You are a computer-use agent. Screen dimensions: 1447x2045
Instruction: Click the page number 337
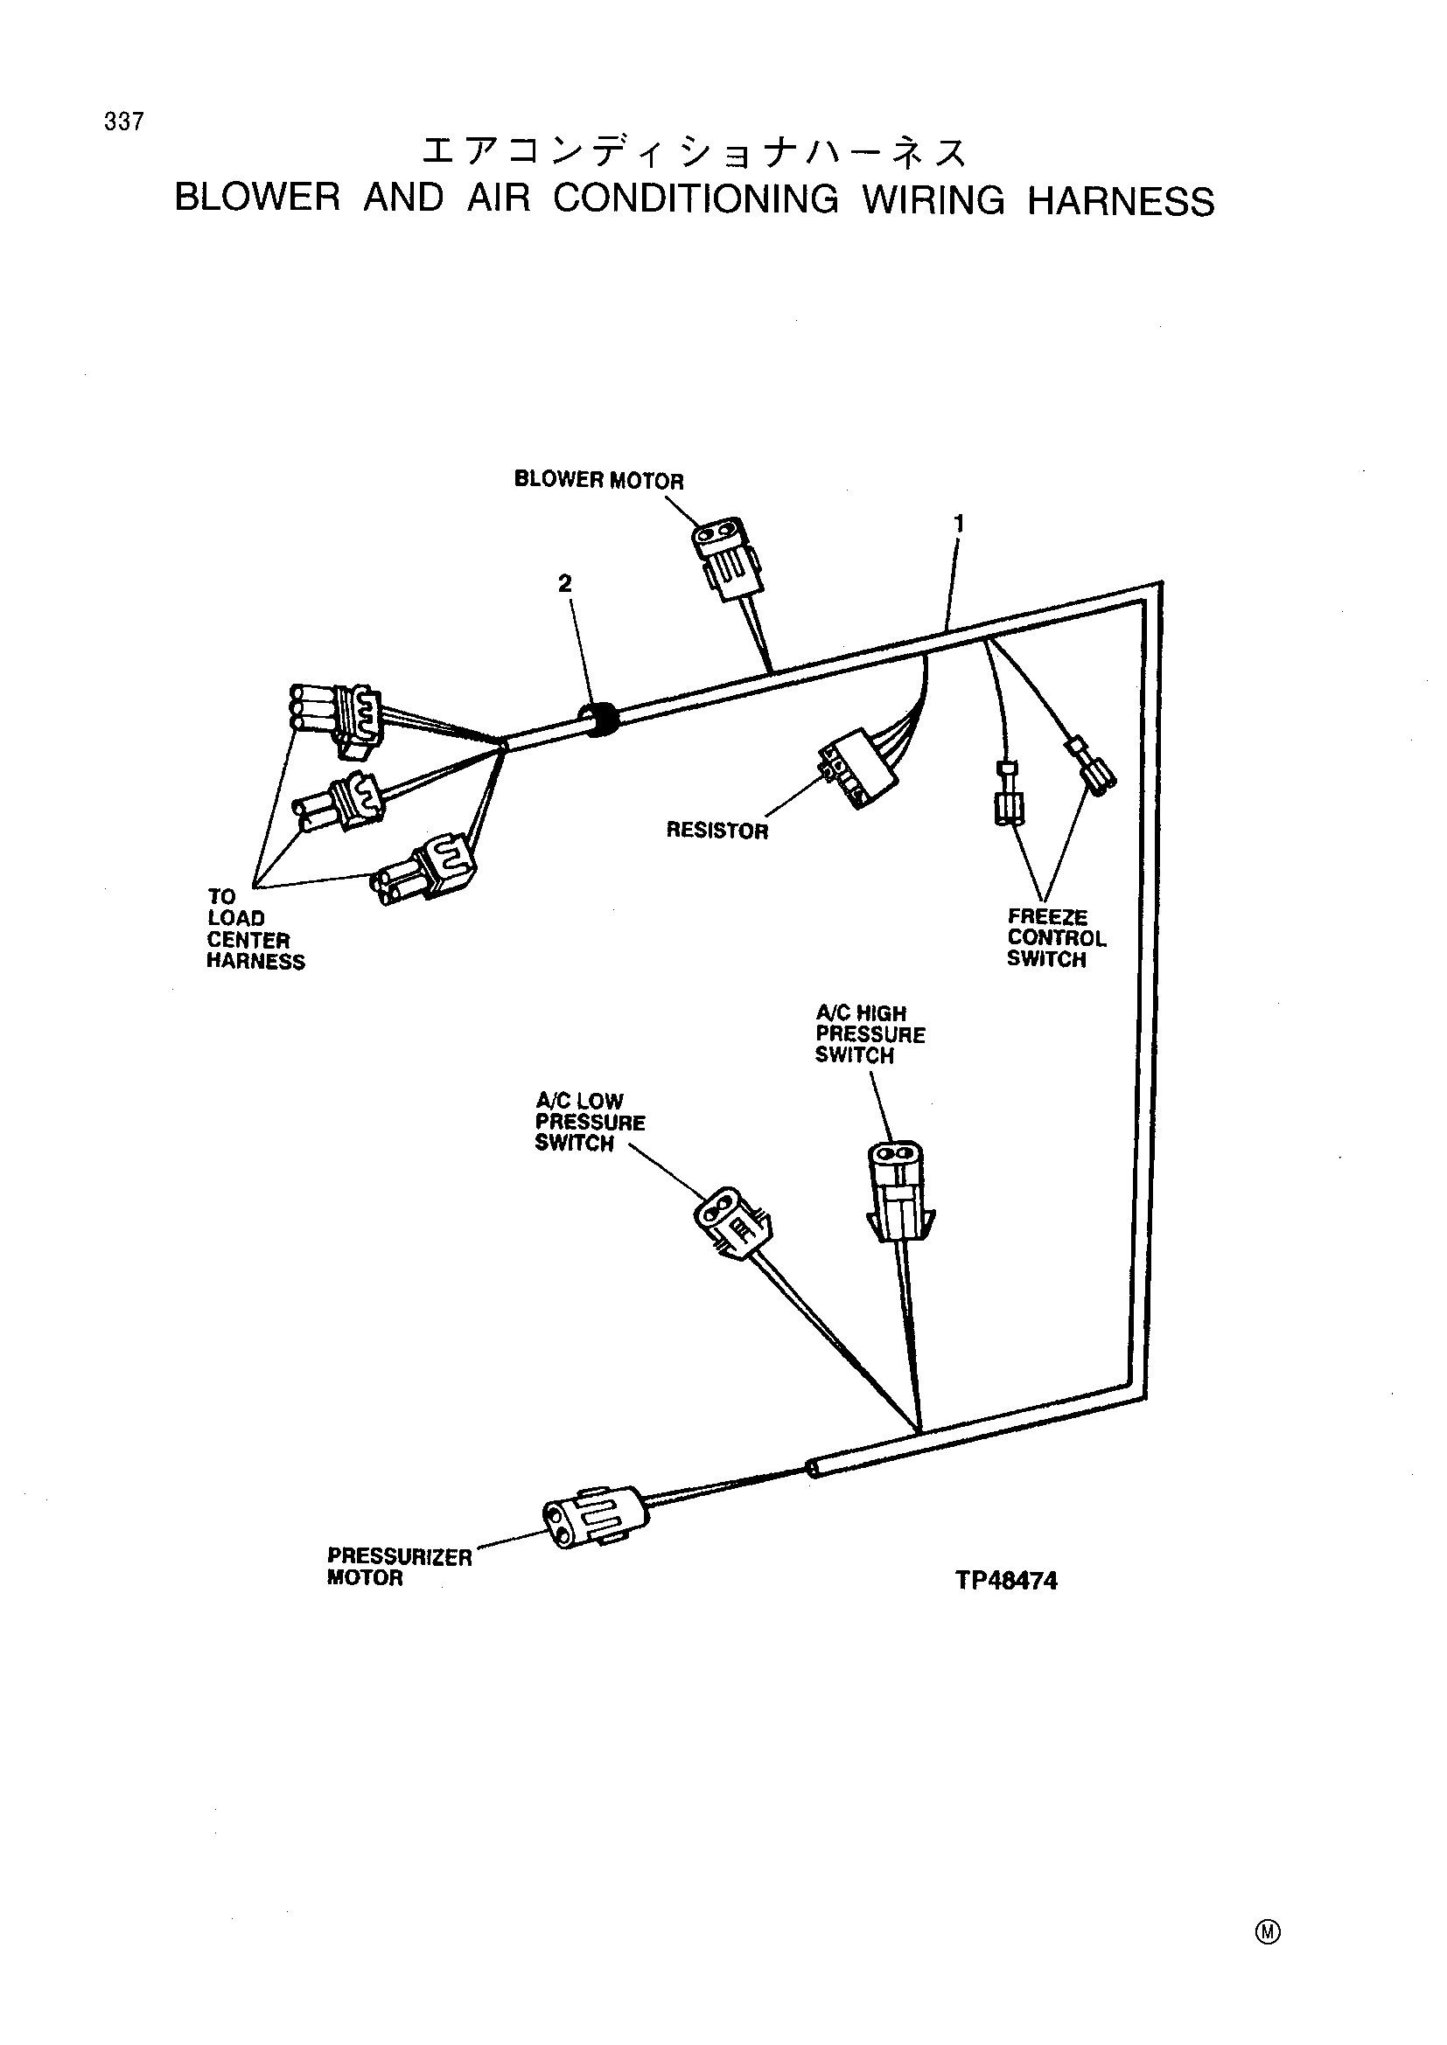click(x=124, y=122)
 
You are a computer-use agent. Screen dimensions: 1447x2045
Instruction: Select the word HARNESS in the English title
click(x=1121, y=201)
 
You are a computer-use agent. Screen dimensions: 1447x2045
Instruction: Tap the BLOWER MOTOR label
click(x=598, y=480)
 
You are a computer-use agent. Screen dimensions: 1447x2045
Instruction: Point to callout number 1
click(x=959, y=524)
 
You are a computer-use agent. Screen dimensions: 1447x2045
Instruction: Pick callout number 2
click(x=565, y=583)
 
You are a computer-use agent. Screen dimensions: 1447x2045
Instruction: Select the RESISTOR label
click(x=717, y=831)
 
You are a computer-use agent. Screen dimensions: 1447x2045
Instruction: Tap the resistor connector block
click(x=856, y=769)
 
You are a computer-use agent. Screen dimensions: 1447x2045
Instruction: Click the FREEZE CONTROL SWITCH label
click(x=1057, y=938)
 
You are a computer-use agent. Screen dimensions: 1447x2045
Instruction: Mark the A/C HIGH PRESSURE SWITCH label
click(x=870, y=1034)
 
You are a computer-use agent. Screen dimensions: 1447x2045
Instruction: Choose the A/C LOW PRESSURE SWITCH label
click(x=590, y=1123)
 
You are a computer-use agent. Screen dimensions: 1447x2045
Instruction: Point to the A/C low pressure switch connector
click(x=732, y=1222)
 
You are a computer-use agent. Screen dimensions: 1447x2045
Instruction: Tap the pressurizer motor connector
click(x=591, y=1518)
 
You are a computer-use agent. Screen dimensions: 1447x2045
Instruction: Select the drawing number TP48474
click(x=1006, y=1581)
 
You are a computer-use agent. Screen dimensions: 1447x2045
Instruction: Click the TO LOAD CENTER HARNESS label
click(x=255, y=929)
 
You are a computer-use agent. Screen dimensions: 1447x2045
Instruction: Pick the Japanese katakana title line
click(x=694, y=152)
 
